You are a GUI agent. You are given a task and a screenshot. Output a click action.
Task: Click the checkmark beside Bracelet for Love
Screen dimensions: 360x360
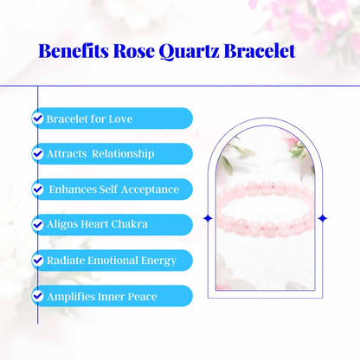click(x=38, y=118)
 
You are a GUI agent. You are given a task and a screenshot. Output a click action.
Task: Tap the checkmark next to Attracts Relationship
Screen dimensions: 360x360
click(x=38, y=153)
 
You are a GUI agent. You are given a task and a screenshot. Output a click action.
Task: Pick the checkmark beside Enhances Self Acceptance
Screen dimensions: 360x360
click(x=38, y=189)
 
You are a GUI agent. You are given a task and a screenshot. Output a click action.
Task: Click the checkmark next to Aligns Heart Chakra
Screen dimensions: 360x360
click(x=38, y=224)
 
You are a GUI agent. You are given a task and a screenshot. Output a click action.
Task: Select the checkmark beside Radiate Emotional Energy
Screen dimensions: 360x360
click(x=38, y=260)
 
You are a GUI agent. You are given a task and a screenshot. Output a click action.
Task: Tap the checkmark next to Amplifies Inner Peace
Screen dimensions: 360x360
click(x=38, y=295)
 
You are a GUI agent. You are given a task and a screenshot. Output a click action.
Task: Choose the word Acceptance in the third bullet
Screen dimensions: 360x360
click(x=148, y=189)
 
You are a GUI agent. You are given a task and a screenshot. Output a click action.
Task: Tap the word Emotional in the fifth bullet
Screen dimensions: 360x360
click(x=111, y=260)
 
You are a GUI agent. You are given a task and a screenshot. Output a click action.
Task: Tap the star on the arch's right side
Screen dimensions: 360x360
click(x=323, y=217)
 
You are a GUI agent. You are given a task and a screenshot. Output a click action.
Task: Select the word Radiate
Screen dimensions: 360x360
click(x=65, y=260)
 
